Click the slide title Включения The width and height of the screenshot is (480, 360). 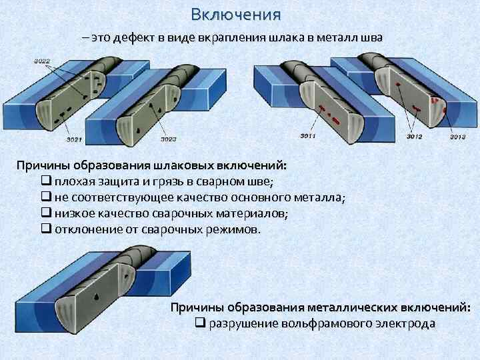(x=235, y=14)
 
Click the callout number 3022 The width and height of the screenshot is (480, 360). (x=42, y=62)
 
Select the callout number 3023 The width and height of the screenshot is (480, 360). (x=169, y=139)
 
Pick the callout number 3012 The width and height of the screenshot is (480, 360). (x=414, y=137)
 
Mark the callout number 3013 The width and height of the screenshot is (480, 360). (x=457, y=137)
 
